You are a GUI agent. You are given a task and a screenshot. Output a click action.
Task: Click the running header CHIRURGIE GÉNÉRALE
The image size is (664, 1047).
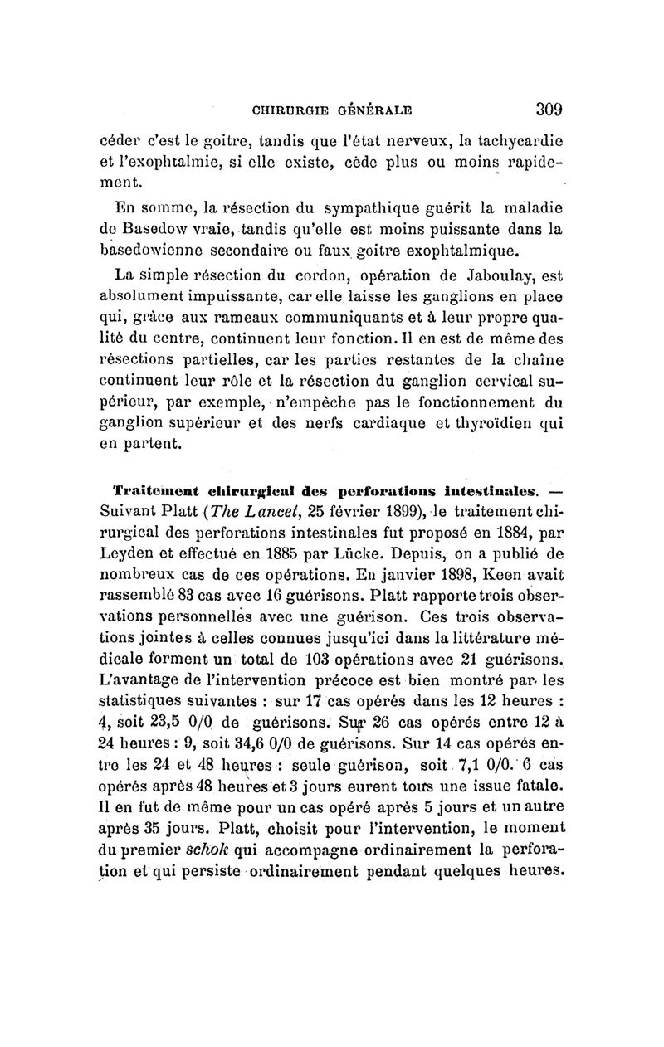pyautogui.click(x=332, y=109)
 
